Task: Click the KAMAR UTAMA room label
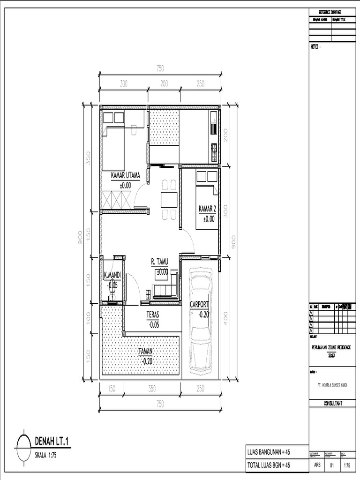click(125, 175)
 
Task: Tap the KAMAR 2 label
click(208, 209)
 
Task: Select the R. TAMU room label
click(160, 262)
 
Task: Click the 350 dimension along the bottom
click(151, 388)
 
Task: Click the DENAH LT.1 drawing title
click(54, 441)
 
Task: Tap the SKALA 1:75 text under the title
click(46, 454)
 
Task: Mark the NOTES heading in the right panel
click(315, 46)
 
